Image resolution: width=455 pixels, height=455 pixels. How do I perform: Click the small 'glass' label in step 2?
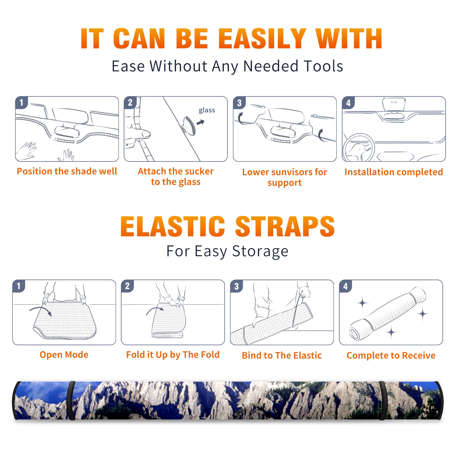point(207,110)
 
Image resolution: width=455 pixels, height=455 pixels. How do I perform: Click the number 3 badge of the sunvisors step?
point(239,103)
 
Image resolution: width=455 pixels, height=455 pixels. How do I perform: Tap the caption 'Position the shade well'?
point(67,171)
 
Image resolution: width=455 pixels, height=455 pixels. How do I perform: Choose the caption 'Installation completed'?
point(394,172)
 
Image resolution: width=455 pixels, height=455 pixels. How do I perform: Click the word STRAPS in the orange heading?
point(285,226)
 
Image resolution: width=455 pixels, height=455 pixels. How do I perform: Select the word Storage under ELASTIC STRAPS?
point(260,251)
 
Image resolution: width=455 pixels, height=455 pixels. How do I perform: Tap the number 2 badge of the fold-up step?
point(127,286)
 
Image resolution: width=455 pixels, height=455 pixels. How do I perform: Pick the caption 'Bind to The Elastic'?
point(282,355)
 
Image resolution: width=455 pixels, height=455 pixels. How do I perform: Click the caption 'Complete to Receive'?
point(391,355)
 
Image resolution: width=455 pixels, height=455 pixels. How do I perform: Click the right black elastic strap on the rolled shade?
point(382,400)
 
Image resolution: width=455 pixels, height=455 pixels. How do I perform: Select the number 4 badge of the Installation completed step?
point(348,103)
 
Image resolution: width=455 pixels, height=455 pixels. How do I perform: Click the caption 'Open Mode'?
point(64,355)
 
